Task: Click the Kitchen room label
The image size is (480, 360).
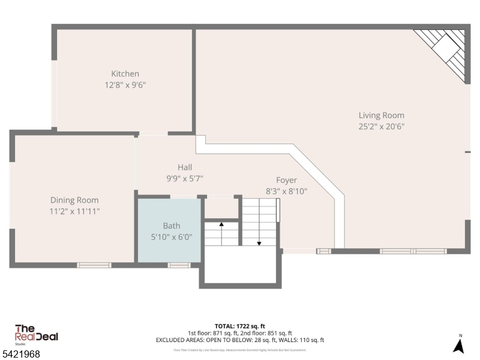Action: (125, 74)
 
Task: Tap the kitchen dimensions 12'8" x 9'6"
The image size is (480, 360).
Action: (125, 85)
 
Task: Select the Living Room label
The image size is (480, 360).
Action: (381, 115)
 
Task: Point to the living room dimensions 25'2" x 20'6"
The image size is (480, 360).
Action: (381, 127)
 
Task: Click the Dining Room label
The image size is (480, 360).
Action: (74, 200)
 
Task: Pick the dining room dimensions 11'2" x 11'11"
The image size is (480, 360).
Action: (74, 211)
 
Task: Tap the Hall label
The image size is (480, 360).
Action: (185, 167)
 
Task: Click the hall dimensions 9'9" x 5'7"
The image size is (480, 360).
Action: (185, 178)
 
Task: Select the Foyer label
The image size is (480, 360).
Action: (286, 180)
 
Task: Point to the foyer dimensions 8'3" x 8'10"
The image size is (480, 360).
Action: (286, 191)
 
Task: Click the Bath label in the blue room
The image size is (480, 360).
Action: (171, 226)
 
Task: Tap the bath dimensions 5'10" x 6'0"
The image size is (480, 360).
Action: (171, 236)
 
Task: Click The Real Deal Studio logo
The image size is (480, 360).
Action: (36, 334)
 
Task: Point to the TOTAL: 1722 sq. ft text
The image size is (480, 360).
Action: (239, 326)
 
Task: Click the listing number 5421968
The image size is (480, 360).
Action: (21, 355)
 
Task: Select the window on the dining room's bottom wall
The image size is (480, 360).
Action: (94, 265)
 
